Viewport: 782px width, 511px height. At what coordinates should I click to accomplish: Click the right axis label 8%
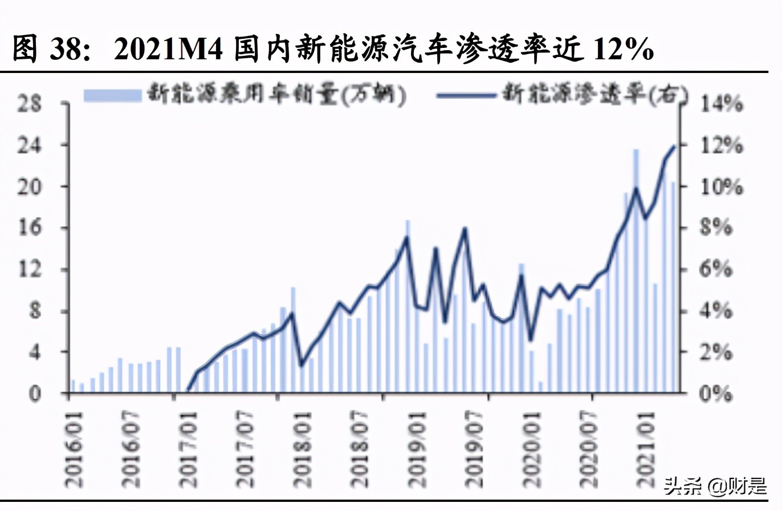(718, 228)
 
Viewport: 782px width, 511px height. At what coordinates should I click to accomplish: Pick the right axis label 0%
(718, 394)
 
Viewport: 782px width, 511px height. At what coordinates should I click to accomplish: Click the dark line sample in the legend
(466, 95)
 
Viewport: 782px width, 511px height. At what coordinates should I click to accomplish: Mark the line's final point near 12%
(675, 146)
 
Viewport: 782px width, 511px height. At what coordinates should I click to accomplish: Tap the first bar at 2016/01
(72, 386)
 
